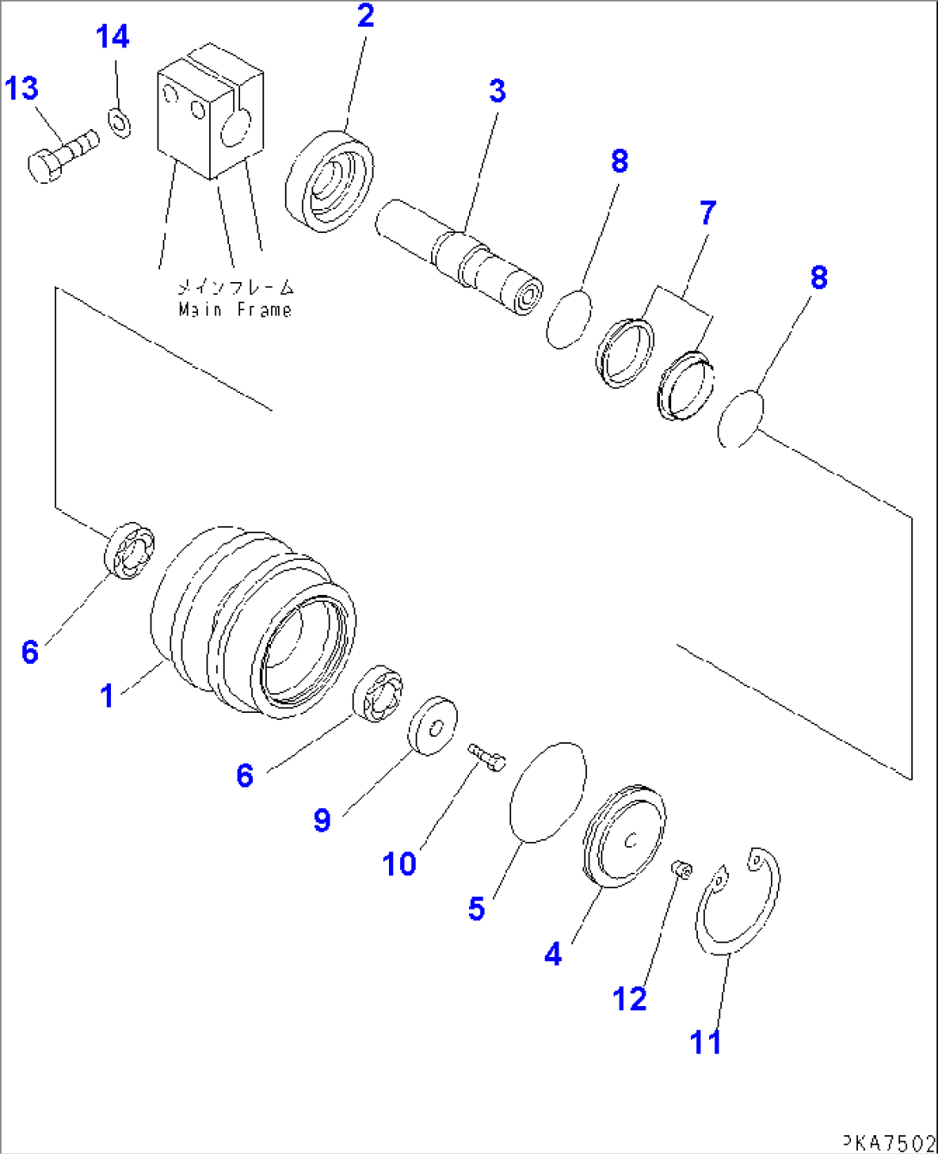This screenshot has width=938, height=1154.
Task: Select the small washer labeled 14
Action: [x=120, y=122]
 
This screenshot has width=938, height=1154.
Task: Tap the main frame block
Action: [x=207, y=118]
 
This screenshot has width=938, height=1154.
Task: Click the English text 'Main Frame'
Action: [x=235, y=310]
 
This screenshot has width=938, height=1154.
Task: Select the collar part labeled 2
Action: [x=329, y=181]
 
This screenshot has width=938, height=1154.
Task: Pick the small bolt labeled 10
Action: [x=488, y=757]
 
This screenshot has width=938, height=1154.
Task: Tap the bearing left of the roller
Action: [x=130, y=549]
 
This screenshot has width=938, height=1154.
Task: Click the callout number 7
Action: [x=707, y=212]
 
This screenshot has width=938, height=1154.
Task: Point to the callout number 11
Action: [x=706, y=1042]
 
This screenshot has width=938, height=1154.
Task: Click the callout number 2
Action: [x=366, y=15]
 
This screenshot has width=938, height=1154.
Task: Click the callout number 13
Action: [x=23, y=88]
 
